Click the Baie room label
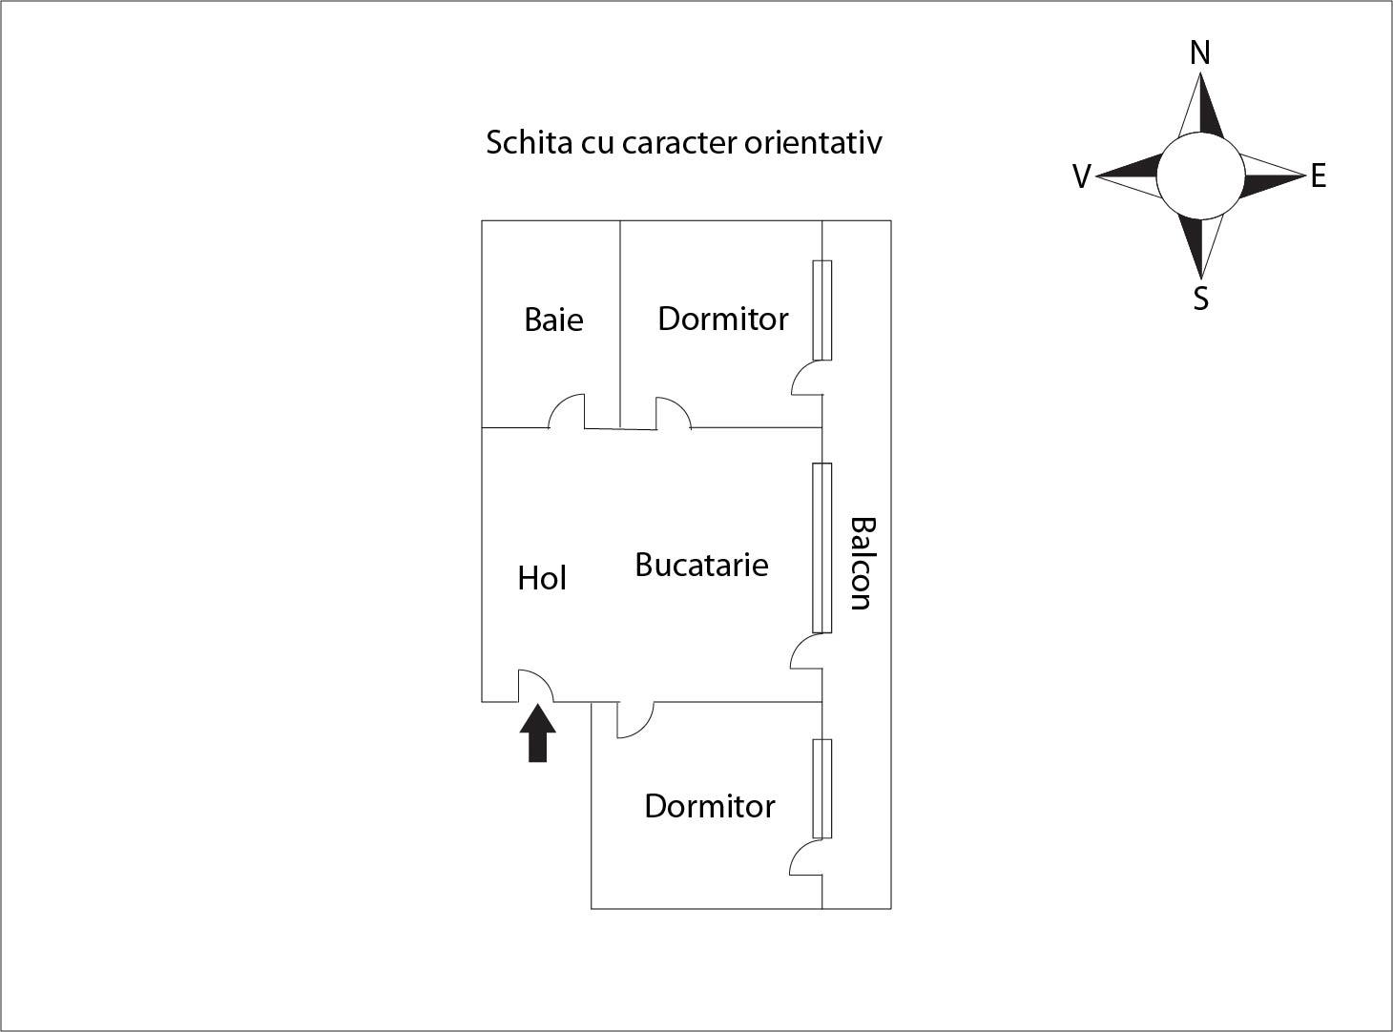[553, 320]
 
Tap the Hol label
[542, 578]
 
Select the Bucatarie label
[701, 564]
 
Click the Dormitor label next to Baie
[723, 319]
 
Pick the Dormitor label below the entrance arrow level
[710, 806]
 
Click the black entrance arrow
[537, 733]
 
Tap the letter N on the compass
[1200, 52]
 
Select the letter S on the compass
[1201, 299]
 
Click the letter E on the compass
[1319, 175]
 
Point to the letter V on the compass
[1082, 176]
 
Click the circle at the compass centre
[1201, 175]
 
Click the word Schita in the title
[530, 142]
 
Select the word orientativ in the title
[813, 142]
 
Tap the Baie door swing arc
[567, 411]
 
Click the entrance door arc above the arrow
[535, 685]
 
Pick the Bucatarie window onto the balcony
[822, 547]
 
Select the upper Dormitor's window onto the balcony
[822, 310]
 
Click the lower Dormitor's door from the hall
[635, 720]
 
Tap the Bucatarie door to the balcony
[806, 650]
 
